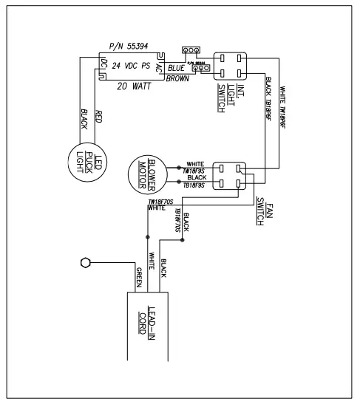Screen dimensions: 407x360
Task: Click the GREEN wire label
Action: [137, 275]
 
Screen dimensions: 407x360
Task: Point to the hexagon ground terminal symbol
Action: [84, 262]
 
